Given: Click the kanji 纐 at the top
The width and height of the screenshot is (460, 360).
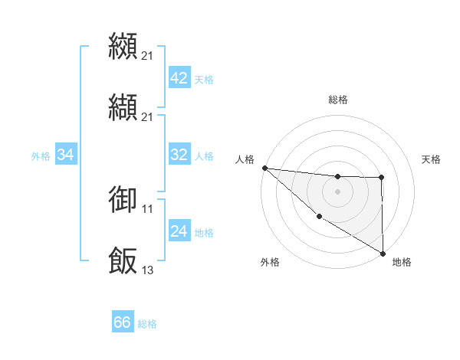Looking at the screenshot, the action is click(123, 45).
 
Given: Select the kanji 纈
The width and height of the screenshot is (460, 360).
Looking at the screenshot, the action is click(123, 106).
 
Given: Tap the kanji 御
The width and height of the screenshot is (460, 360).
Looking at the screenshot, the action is click(123, 198).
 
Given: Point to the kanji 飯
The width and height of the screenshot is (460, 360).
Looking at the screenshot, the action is click(123, 260).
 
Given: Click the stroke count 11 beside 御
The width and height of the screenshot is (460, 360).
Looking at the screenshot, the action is click(148, 208).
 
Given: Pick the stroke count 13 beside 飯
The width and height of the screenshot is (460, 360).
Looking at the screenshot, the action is click(148, 270).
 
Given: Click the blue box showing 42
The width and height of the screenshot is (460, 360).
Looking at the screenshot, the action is click(179, 78).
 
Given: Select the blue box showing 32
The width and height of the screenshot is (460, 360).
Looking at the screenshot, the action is click(179, 155).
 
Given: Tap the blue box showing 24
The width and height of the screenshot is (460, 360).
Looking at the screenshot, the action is click(179, 231).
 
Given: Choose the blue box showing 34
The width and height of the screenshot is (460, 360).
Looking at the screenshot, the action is click(65, 155).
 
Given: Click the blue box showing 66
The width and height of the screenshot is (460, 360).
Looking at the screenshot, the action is click(122, 323).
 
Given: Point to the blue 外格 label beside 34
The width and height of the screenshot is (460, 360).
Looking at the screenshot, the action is click(41, 156).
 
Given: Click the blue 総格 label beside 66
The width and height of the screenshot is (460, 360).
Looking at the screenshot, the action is click(147, 324).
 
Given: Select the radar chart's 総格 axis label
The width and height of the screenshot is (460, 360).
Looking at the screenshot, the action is click(338, 100).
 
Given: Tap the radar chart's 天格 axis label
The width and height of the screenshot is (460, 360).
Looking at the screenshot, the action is click(432, 159).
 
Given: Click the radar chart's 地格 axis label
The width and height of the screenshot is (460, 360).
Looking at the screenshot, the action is click(402, 262).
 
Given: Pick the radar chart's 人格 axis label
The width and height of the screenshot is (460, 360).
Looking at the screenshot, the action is click(245, 159).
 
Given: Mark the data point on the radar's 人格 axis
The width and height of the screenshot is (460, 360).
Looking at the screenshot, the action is click(264, 168).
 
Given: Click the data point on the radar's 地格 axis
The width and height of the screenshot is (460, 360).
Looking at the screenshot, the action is click(383, 253).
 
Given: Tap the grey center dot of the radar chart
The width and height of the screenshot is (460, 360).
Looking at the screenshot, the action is click(337, 191).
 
